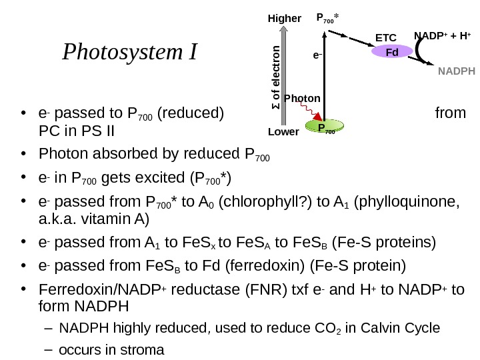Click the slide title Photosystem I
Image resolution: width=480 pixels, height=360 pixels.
129,51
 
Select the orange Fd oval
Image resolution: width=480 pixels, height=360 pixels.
391,51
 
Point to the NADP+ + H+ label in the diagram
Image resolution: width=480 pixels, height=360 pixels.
442,35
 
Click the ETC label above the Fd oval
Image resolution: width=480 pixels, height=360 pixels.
386,38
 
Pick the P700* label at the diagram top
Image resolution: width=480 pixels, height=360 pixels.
328,19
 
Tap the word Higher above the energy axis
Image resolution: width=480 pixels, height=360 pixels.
285,19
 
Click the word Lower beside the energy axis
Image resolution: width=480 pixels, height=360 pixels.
283,132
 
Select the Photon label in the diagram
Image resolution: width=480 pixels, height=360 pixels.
302,99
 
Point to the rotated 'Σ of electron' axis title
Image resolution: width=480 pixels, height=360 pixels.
275,78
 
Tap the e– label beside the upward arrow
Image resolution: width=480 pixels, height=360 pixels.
319,57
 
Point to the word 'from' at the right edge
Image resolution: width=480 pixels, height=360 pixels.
450,112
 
